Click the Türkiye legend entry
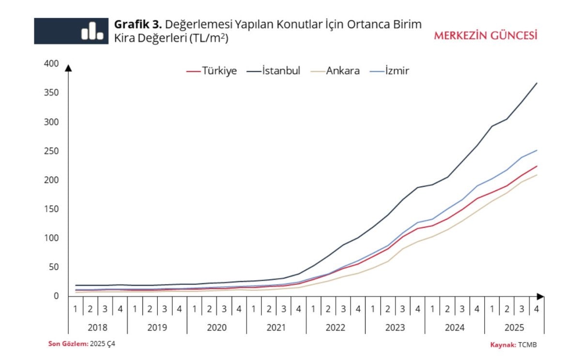click(212, 71)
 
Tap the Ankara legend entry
click(335, 71)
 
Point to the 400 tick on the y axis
click(51, 63)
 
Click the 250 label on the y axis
click(51, 151)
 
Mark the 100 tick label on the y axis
click(51, 238)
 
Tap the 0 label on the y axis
click(56, 296)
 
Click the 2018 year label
click(98, 328)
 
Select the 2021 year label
click(276, 328)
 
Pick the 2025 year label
click(514, 328)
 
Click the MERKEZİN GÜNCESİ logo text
click(486, 36)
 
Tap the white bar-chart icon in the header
click(92, 31)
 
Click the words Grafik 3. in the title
click(138, 25)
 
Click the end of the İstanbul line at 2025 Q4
click(536, 83)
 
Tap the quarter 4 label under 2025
click(536, 309)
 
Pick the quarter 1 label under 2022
click(313, 309)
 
